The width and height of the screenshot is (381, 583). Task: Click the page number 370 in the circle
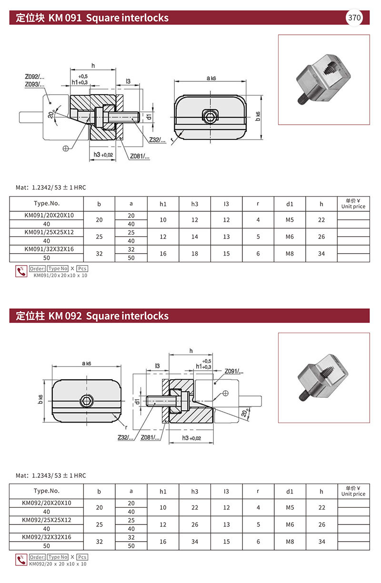point(354,18)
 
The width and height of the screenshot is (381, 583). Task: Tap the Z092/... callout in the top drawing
point(35,77)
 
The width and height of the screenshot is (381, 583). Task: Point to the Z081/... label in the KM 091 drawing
point(140,156)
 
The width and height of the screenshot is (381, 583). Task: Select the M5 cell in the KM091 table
point(290,220)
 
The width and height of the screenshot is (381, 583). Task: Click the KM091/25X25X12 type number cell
point(49,232)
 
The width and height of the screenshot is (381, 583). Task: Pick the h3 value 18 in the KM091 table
point(194,254)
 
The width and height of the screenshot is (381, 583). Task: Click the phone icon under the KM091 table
point(21,271)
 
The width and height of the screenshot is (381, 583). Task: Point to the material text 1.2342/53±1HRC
point(59,188)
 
